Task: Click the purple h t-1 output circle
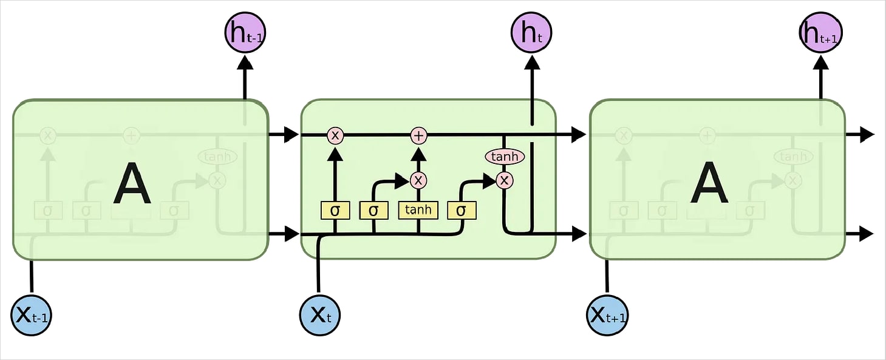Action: tap(245, 33)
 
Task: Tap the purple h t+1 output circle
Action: tap(820, 33)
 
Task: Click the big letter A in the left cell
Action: tap(132, 186)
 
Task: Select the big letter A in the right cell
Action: tap(709, 186)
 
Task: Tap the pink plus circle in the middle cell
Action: tap(418, 135)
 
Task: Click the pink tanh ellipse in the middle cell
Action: tap(504, 157)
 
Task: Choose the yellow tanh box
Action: tap(418, 210)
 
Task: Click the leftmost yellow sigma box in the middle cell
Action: tap(335, 211)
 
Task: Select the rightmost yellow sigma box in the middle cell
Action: tap(462, 211)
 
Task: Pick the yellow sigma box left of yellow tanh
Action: tap(373, 211)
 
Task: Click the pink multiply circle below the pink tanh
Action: tap(504, 180)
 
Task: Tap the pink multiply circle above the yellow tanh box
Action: tap(418, 180)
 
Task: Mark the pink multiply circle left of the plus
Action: tap(335, 135)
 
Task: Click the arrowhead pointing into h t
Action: tap(533, 61)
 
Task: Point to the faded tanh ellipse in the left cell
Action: tap(217, 157)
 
